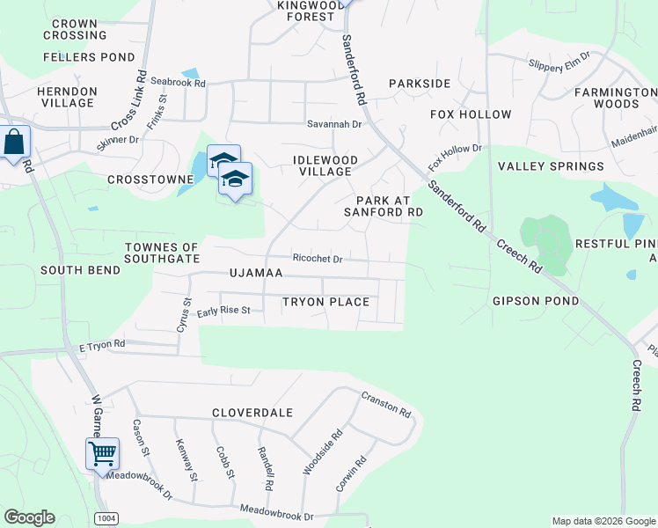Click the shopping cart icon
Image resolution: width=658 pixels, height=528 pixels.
102,454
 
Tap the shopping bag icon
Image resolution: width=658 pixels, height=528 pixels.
14,143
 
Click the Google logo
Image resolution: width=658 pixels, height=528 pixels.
29,517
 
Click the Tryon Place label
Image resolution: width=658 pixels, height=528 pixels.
325,302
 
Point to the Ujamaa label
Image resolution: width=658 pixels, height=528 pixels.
256,273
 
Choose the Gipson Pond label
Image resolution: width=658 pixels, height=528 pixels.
536,301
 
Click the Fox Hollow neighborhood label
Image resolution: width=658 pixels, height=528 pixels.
471,114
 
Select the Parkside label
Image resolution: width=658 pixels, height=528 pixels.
420,84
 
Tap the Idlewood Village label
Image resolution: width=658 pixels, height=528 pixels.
325,165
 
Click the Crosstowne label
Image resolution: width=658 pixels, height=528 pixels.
150,179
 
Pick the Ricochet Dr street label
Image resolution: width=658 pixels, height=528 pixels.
317,259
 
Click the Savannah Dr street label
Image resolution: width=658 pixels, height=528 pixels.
334,124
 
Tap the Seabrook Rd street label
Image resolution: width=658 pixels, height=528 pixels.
178,83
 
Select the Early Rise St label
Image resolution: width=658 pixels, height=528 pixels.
224,311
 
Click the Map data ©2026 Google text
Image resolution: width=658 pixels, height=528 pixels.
603,521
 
